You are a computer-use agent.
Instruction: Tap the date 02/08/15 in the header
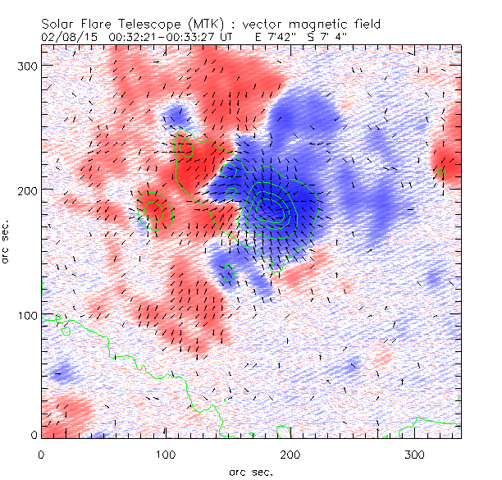(62, 37)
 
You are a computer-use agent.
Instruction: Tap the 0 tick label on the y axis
(34, 435)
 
